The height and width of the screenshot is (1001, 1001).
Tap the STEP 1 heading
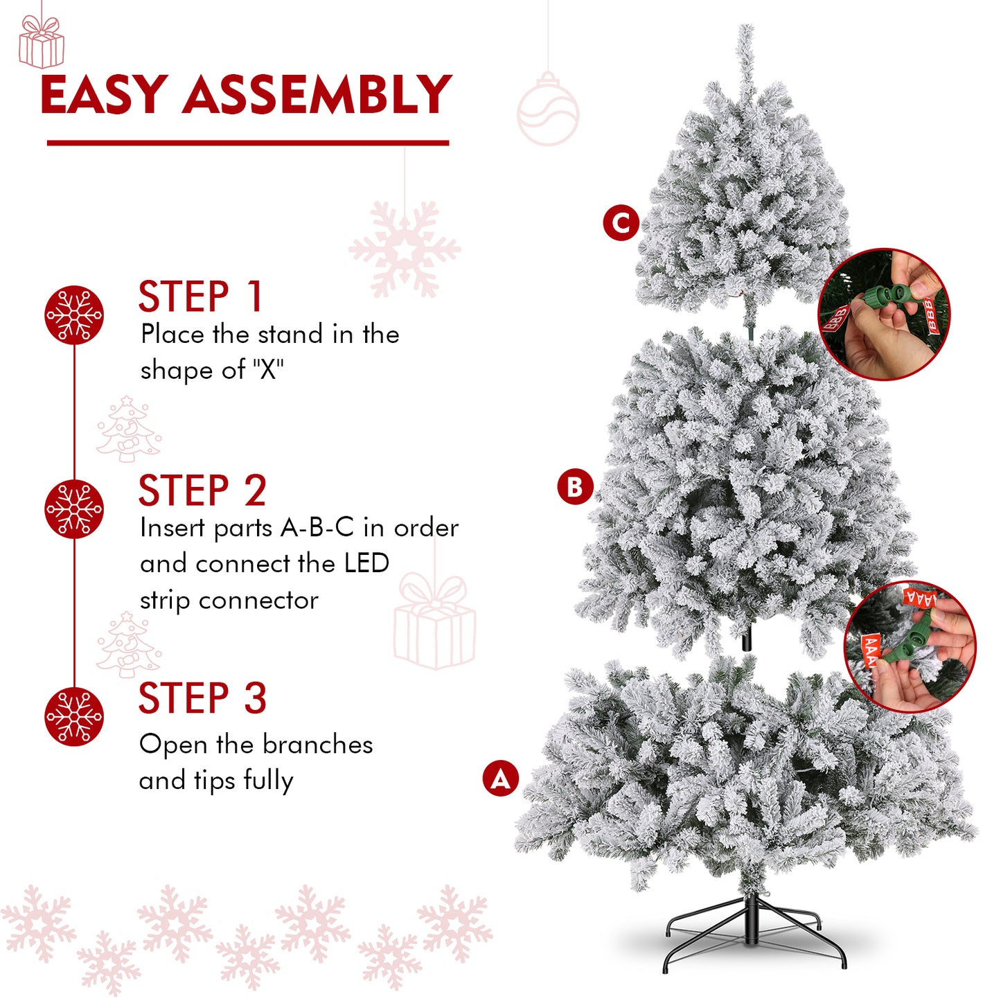[x=200, y=296]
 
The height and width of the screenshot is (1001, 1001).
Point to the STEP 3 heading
[x=202, y=698]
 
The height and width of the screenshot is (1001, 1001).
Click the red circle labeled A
[x=500, y=778]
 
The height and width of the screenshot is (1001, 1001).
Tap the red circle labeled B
[x=575, y=487]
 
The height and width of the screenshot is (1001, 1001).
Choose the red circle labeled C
[x=621, y=222]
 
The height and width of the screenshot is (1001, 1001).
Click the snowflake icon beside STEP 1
[x=73, y=315]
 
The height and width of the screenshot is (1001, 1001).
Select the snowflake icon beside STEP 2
[x=73, y=508]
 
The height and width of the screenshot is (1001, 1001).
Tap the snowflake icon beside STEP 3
[x=73, y=716]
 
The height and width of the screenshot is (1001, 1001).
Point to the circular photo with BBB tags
[x=884, y=314]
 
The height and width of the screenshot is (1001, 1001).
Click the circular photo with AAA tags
[x=910, y=646]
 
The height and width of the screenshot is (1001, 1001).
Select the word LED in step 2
[x=366, y=564]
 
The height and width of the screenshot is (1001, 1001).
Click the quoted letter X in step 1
[x=269, y=370]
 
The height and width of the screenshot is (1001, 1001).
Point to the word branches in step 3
[x=317, y=745]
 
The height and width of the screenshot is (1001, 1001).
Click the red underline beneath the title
[x=248, y=142]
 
